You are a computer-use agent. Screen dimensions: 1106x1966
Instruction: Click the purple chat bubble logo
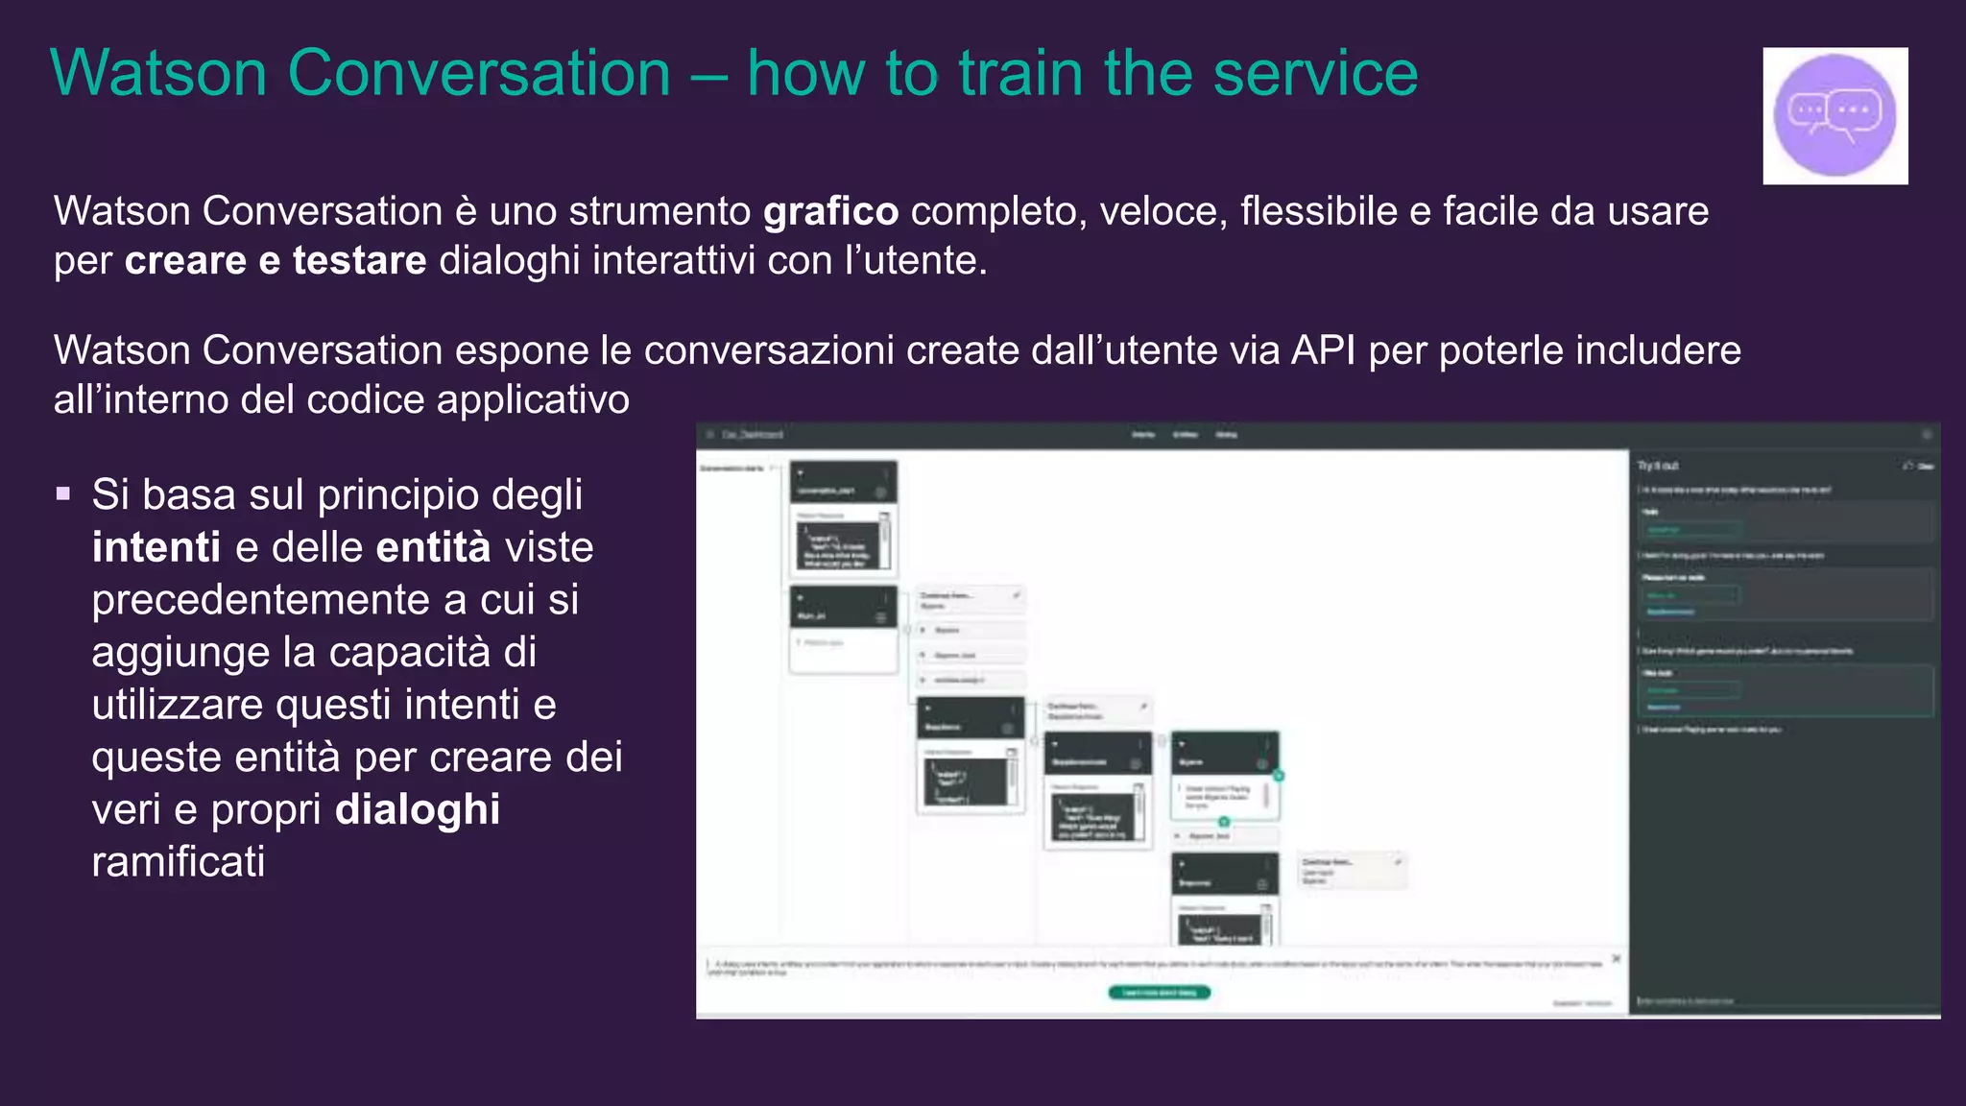point(1834,115)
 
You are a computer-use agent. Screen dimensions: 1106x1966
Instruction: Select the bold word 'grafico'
point(830,212)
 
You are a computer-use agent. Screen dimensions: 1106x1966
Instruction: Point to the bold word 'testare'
point(359,261)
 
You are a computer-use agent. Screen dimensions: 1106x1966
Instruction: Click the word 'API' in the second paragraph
point(1323,350)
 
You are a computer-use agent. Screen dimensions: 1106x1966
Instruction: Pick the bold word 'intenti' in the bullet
point(156,547)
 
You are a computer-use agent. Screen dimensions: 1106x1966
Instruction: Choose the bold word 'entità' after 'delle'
point(433,547)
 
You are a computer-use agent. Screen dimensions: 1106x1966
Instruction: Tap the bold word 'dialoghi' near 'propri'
point(418,809)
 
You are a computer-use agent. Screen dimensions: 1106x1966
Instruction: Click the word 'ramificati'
point(179,862)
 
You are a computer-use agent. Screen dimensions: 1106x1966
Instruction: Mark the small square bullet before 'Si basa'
point(63,494)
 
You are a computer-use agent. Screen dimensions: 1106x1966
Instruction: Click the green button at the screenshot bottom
point(1159,993)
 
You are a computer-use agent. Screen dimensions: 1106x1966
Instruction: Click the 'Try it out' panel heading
point(1658,466)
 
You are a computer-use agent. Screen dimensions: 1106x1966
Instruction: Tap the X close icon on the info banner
point(1617,959)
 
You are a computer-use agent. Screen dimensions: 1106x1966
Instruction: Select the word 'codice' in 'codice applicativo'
point(365,400)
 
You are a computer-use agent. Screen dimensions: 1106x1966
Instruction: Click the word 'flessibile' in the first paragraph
point(1318,212)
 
